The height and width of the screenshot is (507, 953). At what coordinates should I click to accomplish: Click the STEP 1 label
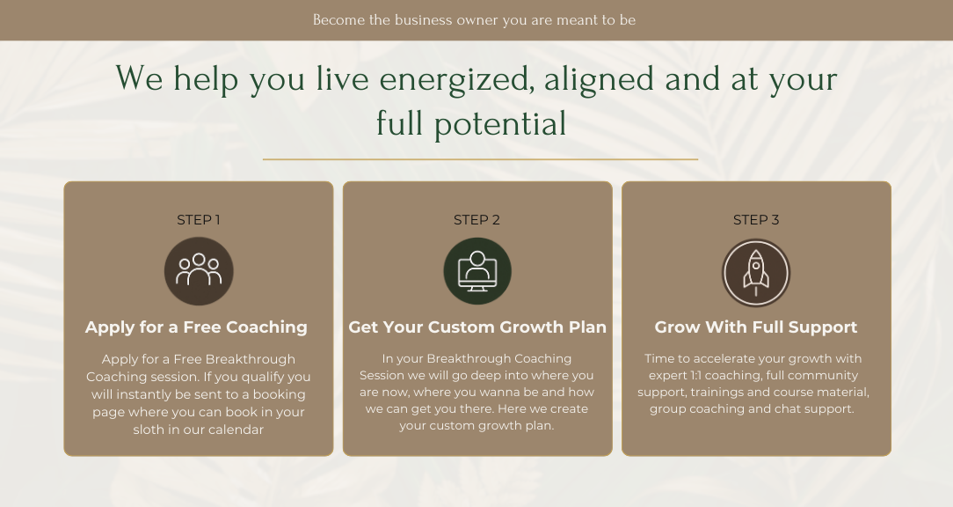pyautogui.click(x=198, y=220)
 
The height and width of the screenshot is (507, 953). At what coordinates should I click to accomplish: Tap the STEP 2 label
pyautogui.click(x=476, y=220)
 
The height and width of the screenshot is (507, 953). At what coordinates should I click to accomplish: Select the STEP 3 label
pyautogui.click(x=755, y=220)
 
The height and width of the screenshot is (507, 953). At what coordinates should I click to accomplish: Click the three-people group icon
pyautogui.click(x=199, y=271)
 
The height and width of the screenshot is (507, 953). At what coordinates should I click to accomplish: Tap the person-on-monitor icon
pyautogui.click(x=477, y=271)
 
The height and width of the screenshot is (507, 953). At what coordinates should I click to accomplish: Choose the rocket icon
pyautogui.click(x=755, y=273)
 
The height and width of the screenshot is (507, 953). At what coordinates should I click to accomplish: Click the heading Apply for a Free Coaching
pyautogui.click(x=196, y=327)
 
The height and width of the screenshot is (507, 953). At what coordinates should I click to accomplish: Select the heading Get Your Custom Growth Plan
pyautogui.click(x=477, y=327)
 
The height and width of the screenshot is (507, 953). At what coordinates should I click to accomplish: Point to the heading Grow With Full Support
pyautogui.click(x=755, y=327)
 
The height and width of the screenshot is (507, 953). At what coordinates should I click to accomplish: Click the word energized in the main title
pyautogui.click(x=457, y=80)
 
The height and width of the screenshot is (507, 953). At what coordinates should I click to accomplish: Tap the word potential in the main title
pyautogui.click(x=500, y=123)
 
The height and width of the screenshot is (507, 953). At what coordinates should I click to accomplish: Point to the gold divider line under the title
pyautogui.click(x=480, y=159)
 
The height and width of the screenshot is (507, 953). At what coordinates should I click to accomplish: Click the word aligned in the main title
pyautogui.click(x=600, y=80)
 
